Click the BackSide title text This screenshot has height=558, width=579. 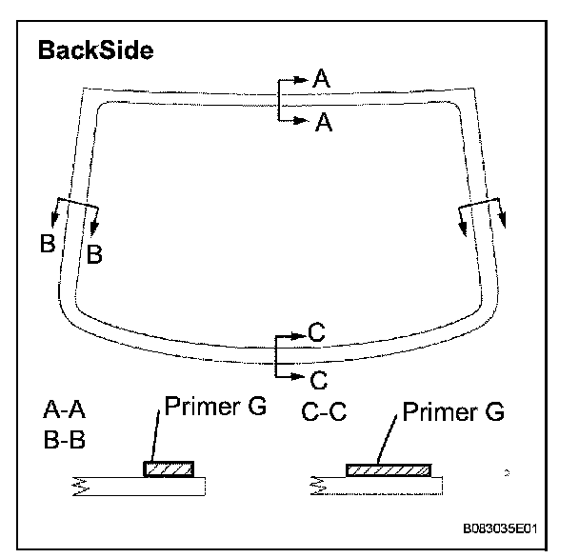point(95,50)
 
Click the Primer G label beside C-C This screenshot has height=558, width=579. point(452,412)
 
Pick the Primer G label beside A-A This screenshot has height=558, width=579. point(215,407)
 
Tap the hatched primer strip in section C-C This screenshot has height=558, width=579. point(388,469)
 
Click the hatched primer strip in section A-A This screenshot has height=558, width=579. point(170,468)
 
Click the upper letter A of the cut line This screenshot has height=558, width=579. point(322,82)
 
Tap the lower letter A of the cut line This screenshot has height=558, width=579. point(322,122)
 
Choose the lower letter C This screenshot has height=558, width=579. point(318,380)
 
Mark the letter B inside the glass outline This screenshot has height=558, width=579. point(94,253)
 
